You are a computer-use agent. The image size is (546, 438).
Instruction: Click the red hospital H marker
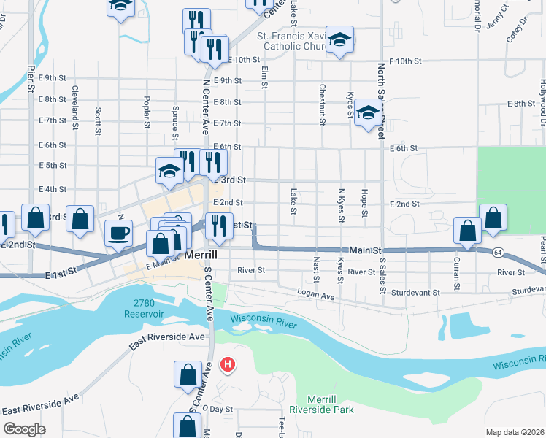[228, 364]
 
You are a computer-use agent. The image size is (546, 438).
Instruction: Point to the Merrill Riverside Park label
[322, 404]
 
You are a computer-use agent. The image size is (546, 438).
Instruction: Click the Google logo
[23, 429]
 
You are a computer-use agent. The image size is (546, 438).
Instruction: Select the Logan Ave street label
[316, 294]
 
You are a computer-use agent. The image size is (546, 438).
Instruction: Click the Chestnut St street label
[321, 104]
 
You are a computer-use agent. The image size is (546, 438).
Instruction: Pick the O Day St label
[217, 410]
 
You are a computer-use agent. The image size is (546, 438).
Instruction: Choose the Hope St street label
[363, 202]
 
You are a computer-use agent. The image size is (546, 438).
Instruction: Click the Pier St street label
[31, 78]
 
